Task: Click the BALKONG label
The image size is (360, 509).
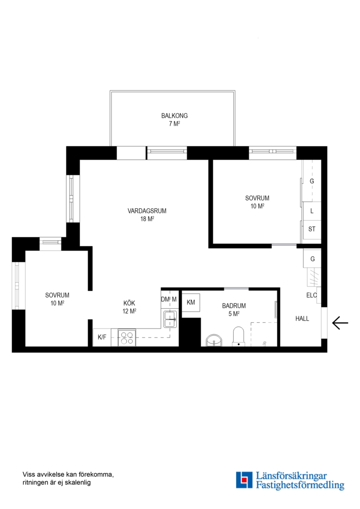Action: pyautogui.click(x=174, y=115)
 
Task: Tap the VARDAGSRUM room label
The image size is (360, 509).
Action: pyautogui.click(x=147, y=211)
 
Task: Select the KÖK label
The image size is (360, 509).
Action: pyautogui.click(x=129, y=303)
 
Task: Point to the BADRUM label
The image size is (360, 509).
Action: pyautogui.click(x=234, y=306)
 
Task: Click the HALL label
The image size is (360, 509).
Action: pyautogui.click(x=302, y=319)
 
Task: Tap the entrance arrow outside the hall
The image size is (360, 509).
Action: pyautogui.click(x=340, y=323)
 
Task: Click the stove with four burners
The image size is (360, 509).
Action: pyautogui.click(x=127, y=337)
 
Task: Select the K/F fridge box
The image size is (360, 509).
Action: pyautogui.click(x=102, y=337)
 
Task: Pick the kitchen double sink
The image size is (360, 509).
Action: pyautogui.click(x=170, y=319)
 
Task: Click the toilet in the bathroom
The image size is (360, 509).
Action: pyautogui.click(x=238, y=337)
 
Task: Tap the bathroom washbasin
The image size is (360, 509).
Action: pyautogui.click(x=214, y=340)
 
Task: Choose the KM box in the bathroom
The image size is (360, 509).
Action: pyautogui.click(x=191, y=303)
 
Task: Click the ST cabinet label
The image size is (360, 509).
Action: pyautogui.click(x=311, y=229)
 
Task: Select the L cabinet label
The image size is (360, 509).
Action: pyautogui.click(x=312, y=211)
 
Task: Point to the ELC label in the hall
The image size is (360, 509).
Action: pyautogui.click(x=311, y=296)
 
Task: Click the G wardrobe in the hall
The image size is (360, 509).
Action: pyautogui.click(x=312, y=259)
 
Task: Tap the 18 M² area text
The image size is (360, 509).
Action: pyautogui.click(x=147, y=219)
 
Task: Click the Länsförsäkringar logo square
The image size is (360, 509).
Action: pyautogui.click(x=244, y=480)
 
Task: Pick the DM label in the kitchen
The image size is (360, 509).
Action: pyautogui.click(x=165, y=299)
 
